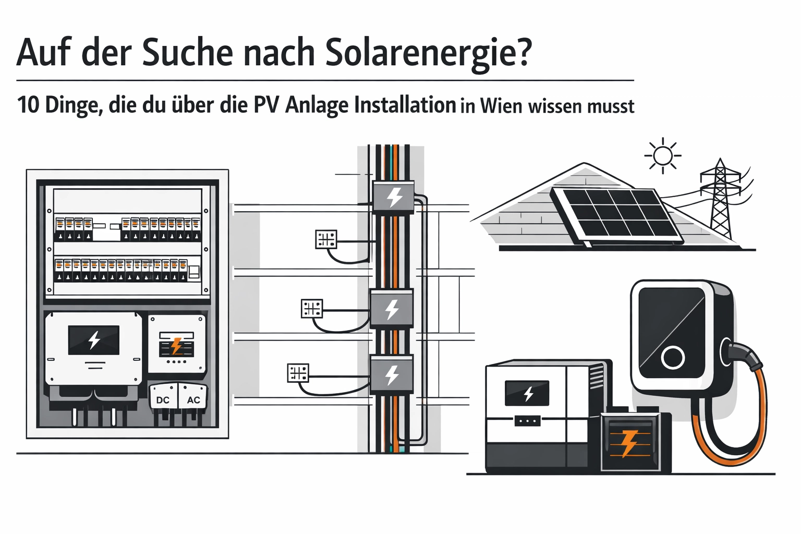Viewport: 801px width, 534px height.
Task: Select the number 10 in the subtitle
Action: point(28,105)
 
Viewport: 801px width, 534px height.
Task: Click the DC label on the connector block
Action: point(163,400)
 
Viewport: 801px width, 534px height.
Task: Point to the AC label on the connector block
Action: point(193,400)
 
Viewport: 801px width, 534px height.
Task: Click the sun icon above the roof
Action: point(663,155)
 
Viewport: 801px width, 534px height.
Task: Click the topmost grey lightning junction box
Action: point(394,197)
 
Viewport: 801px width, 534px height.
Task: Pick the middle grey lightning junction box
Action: point(391,309)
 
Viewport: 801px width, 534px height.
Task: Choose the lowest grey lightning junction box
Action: point(391,374)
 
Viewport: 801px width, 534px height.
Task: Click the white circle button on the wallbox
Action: point(673,358)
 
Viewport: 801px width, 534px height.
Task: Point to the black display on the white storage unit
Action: point(527,393)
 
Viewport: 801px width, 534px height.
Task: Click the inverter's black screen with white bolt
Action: point(94,340)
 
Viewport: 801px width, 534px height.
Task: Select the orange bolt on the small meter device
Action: point(176,346)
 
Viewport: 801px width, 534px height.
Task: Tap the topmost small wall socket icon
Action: point(326,239)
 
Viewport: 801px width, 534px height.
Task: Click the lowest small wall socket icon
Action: point(298,373)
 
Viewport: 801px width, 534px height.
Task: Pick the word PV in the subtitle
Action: point(267,105)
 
